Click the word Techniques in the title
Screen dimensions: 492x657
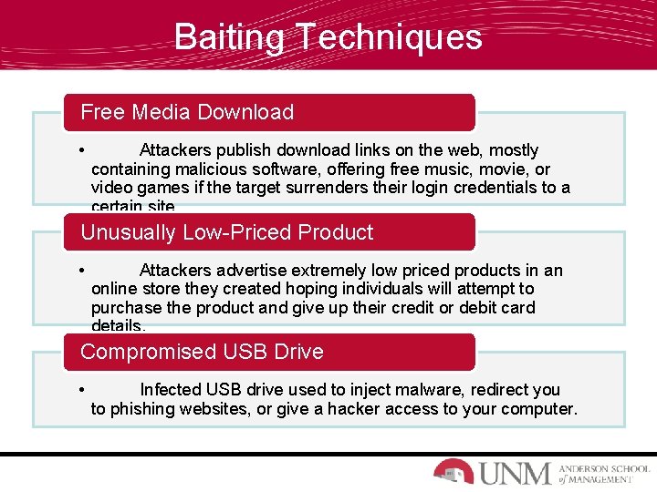[387, 37]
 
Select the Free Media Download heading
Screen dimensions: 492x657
[187, 112]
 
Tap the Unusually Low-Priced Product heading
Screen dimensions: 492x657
[227, 232]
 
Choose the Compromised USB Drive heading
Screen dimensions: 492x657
[202, 352]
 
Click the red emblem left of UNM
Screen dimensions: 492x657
[453, 471]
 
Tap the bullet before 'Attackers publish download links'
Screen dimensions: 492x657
[82, 150]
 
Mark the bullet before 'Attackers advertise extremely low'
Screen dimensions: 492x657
[82, 271]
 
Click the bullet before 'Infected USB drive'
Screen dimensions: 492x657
[82, 390]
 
